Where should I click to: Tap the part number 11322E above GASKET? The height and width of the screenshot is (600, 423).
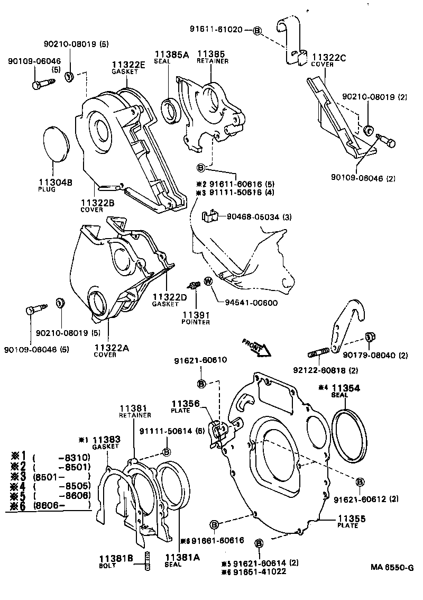point(128,65)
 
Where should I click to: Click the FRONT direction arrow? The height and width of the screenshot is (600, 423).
point(256,347)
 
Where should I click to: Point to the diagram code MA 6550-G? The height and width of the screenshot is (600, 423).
point(391,567)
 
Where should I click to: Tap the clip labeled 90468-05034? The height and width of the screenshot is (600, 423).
point(211,216)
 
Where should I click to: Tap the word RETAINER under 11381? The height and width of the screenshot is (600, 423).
point(135,415)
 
